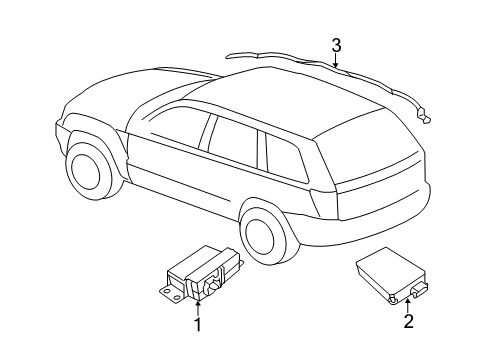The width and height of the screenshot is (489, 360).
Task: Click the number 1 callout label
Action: (198, 324)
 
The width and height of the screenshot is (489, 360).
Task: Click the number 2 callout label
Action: (408, 321)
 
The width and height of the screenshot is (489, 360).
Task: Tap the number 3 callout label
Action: (337, 44)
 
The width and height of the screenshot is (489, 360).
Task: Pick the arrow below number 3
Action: (337, 62)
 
